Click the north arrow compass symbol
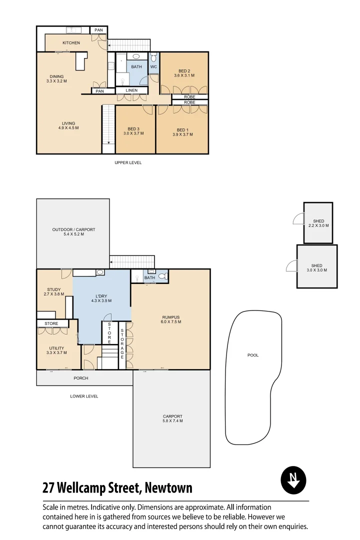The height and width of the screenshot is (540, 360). click(x=293, y=480)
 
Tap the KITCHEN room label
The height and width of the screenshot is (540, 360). click(x=71, y=43)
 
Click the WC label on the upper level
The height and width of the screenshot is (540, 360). click(x=154, y=66)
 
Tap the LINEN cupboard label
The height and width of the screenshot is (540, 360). click(x=131, y=90)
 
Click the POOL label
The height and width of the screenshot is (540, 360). click(x=253, y=355)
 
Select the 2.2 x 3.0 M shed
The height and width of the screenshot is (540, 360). click(x=318, y=223)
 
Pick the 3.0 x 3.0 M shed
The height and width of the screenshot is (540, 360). click(x=316, y=267)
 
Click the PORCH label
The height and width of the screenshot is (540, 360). click(x=81, y=378)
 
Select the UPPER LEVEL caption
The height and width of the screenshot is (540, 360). click(x=128, y=162)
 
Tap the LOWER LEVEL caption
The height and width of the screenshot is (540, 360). click(x=84, y=396)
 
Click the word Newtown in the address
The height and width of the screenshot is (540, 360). click(x=168, y=487)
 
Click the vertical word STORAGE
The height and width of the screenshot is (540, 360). click(x=122, y=343)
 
